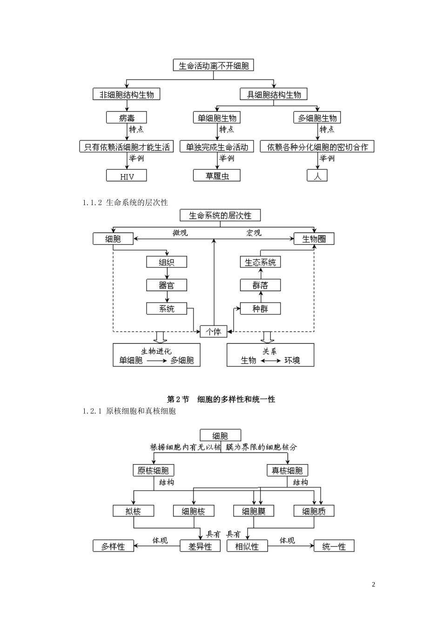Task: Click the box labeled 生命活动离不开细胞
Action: click(214, 66)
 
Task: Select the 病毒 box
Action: click(127, 118)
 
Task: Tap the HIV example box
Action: click(127, 176)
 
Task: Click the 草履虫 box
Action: click(217, 176)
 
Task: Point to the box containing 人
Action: click(317, 176)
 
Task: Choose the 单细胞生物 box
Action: click(217, 118)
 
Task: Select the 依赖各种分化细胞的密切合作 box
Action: click(317, 147)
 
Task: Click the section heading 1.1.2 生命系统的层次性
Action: click(125, 202)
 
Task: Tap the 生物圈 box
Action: click(314, 239)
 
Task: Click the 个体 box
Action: click(214, 332)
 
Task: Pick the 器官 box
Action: click(167, 285)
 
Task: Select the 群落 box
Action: click(260, 285)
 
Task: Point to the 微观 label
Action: click(180, 233)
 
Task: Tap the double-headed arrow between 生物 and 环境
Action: click(270, 360)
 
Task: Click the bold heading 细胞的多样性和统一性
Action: click(236, 399)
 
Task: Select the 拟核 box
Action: click(133, 511)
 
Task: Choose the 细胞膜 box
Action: click(254, 511)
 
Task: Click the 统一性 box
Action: click(334, 546)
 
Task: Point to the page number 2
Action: click(374, 585)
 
